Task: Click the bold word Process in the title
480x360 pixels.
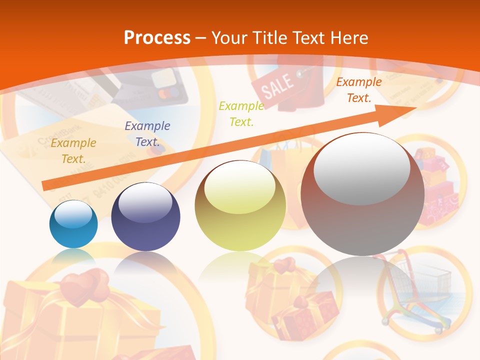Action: coord(157,37)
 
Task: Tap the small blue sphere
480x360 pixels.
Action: coord(73,224)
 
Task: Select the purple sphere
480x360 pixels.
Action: coord(145,217)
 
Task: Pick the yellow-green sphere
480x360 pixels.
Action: coord(240,206)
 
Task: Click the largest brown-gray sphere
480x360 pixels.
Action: coord(362,194)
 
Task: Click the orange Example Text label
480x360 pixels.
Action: coord(73,151)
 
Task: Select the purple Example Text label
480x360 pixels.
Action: coord(147,134)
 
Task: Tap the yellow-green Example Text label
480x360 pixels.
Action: coord(241,113)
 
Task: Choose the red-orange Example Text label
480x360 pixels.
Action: coord(359,90)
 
